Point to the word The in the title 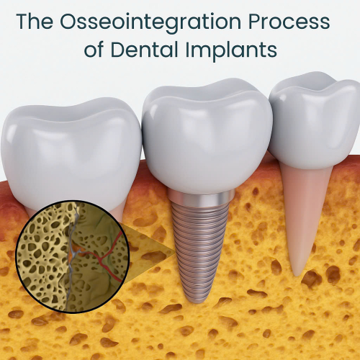pyautogui.click(x=35, y=21)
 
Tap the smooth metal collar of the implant pyautogui.click(x=198, y=199)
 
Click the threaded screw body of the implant pyautogui.click(x=197, y=245)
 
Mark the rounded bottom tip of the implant pyautogui.click(x=194, y=296)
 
